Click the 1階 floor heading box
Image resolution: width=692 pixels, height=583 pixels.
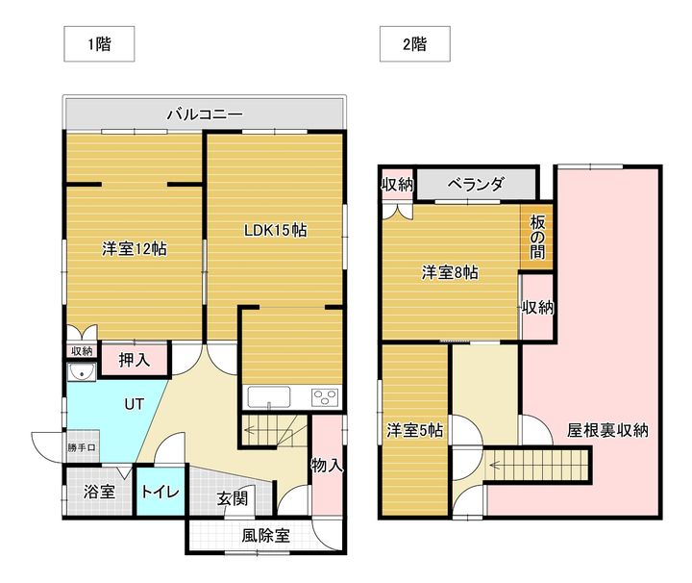[x=98, y=43]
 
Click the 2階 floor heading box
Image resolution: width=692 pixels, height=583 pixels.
[x=415, y=43]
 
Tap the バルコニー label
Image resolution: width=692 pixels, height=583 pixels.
[x=204, y=114]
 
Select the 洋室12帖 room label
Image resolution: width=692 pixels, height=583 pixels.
[x=135, y=248]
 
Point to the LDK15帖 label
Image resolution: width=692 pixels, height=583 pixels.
[x=275, y=230]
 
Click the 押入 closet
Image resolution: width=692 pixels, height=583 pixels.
[x=135, y=361]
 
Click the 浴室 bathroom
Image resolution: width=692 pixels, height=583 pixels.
[x=99, y=492]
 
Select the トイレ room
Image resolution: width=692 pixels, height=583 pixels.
[x=160, y=492]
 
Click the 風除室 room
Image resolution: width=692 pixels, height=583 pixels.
[x=263, y=535]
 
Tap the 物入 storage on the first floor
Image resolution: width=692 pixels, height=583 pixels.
[x=328, y=466]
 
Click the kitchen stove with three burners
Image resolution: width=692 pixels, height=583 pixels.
[x=324, y=396]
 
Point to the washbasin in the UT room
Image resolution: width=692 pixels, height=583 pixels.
[x=81, y=373]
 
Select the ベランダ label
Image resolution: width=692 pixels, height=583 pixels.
[x=476, y=185]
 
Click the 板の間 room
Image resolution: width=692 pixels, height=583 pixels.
[x=537, y=236]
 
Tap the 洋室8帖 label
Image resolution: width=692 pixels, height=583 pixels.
[x=450, y=272]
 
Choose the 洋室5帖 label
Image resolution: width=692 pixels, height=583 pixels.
[x=415, y=430]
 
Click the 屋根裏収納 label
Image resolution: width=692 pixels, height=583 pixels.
[x=607, y=430]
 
